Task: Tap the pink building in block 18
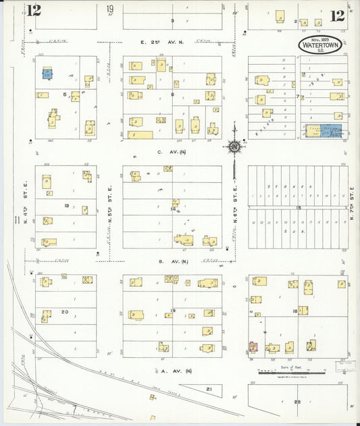tap(254, 347)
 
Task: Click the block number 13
tap(67, 205)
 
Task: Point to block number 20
tap(65, 311)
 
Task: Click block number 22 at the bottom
tap(298, 402)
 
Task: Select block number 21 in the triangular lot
tap(209, 390)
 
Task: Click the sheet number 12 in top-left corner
tap(34, 11)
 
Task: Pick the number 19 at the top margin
tap(109, 9)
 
